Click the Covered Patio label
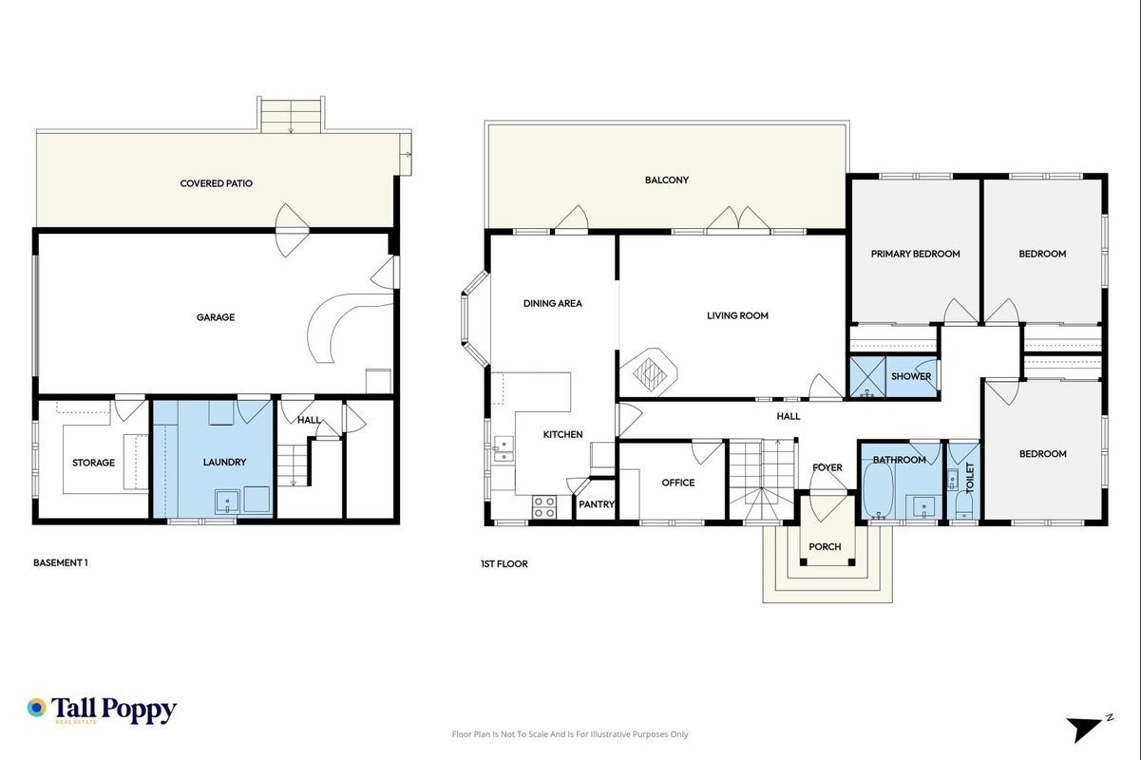pyautogui.click(x=216, y=183)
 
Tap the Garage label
pyautogui.click(x=216, y=317)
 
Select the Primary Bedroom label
pyautogui.click(x=915, y=254)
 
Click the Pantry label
pyautogui.click(x=597, y=504)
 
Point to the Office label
pyautogui.click(x=678, y=483)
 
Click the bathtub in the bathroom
pyautogui.click(x=879, y=490)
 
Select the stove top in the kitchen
pyautogui.click(x=544, y=507)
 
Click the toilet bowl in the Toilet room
pyautogui.click(x=963, y=505)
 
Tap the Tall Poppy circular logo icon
pyautogui.click(x=37, y=708)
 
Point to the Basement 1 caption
pyautogui.click(x=61, y=562)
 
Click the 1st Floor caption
pyautogui.click(x=504, y=564)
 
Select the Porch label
pyautogui.click(x=825, y=546)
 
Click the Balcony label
pyautogui.click(x=667, y=180)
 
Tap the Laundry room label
pyautogui.click(x=224, y=462)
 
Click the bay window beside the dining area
pyautogui.click(x=475, y=319)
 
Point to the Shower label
pyautogui.click(x=911, y=376)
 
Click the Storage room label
pyautogui.click(x=93, y=463)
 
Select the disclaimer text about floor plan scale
pyautogui.click(x=570, y=734)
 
